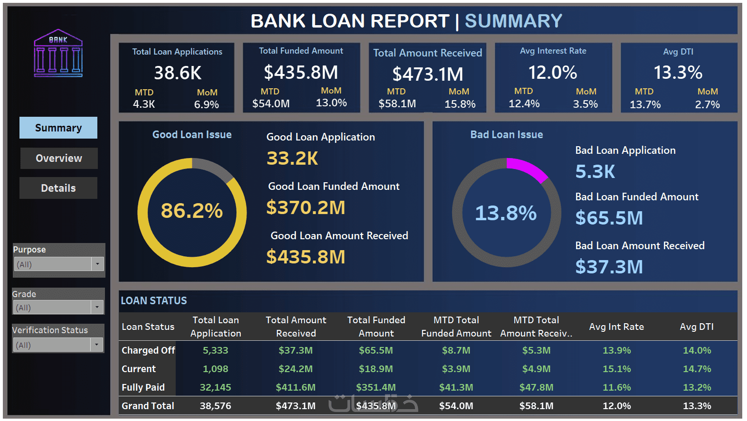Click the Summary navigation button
point(58,128)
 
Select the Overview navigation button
point(59,158)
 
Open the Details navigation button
point(58,188)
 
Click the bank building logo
point(58,54)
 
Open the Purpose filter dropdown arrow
point(97,264)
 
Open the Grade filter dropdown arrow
point(97,307)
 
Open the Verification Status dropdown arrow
point(96,345)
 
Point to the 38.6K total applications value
point(178,73)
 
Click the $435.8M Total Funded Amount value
point(301,72)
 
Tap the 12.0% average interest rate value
point(553,73)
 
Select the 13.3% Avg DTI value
point(678,73)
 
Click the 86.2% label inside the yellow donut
point(192,211)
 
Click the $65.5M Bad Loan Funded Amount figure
point(609,218)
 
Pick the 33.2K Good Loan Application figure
point(293,159)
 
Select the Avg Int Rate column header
point(616,327)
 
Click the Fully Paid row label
point(143,387)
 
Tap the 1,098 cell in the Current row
point(216,369)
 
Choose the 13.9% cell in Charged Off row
point(616,350)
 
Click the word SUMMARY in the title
point(513,21)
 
